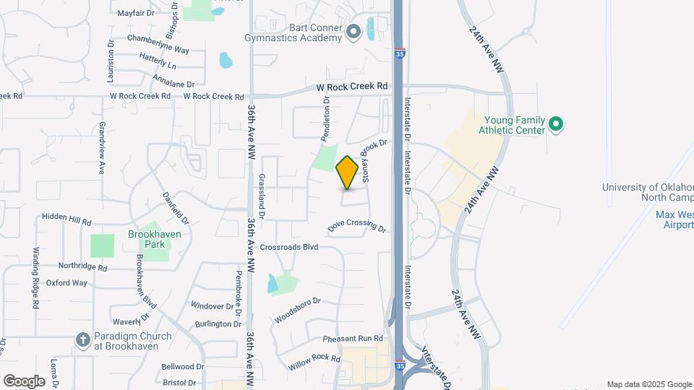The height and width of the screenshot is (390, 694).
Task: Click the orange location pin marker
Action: pyautogui.click(x=348, y=173)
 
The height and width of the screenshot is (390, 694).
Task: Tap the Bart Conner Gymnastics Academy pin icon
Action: pyautogui.click(x=354, y=32)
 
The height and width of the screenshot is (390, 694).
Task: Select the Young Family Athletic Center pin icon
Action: pyautogui.click(x=556, y=124)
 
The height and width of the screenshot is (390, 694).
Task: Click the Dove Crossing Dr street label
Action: pyautogui.click(x=357, y=227)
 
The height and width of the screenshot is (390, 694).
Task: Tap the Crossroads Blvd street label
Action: pyautogui.click(x=289, y=247)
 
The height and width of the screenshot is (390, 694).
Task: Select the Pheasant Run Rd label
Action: pyautogui.click(x=352, y=338)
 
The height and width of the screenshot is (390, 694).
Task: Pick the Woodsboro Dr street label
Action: pyautogui.click(x=297, y=310)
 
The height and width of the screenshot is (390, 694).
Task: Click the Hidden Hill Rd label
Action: pyautogui.click(x=67, y=217)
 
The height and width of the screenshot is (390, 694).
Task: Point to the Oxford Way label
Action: pyautogui.click(x=67, y=283)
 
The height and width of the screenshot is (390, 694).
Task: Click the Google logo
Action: pyautogui.click(x=24, y=381)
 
